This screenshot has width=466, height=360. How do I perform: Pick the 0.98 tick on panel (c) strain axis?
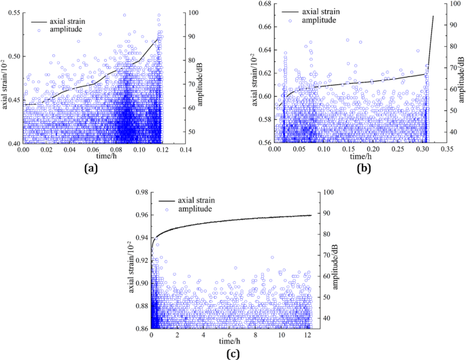click(142, 193)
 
